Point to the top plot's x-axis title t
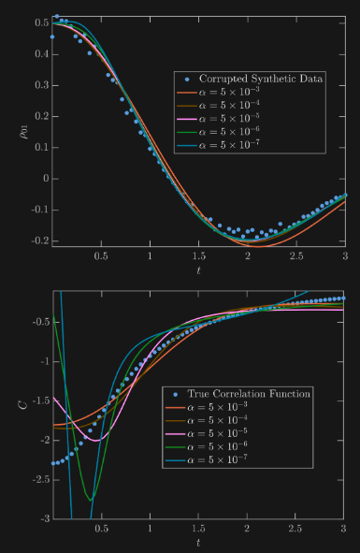coord(198,270)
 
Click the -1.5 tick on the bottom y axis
coord(39,400)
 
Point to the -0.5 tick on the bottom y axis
coord(39,322)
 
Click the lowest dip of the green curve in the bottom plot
coord(91,500)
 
